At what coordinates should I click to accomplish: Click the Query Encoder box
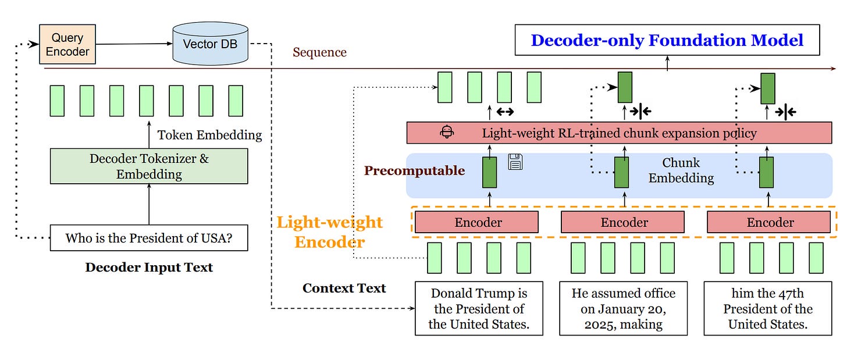pyautogui.click(x=67, y=44)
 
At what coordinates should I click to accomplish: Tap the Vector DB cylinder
pyautogui.click(x=210, y=44)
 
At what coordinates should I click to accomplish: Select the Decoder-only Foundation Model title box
pyautogui.click(x=667, y=41)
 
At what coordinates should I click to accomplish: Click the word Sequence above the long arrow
pyautogui.click(x=319, y=52)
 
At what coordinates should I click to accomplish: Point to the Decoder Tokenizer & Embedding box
pyautogui.click(x=149, y=166)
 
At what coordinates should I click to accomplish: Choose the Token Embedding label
pyautogui.click(x=209, y=136)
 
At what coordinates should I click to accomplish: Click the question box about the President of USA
pyautogui.click(x=149, y=238)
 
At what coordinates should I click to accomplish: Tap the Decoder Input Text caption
pyautogui.click(x=149, y=268)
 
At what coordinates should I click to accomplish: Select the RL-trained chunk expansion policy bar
pyautogui.click(x=619, y=133)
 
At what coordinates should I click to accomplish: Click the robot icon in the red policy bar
pyautogui.click(x=447, y=132)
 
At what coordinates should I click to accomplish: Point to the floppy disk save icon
pyautogui.click(x=515, y=162)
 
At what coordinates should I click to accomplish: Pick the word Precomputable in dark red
pyautogui.click(x=414, y=170)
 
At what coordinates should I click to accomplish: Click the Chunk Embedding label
pyautogui.click(x=681, y=170)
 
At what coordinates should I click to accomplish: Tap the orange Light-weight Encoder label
pyautogui.click(x=329, y=231)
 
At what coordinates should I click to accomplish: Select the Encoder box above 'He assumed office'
pyautogui.click(x=624, y=222)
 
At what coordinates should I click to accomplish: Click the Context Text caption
pyautogui.click(x=344, y=288)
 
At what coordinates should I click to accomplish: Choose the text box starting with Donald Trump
pyautogui.click(x=479, y=309)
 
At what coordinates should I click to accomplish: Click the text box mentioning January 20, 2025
pyautogui.click(x=624, y=309)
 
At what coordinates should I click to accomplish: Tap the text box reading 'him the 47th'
pyautogui.click(x=768, y=309)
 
